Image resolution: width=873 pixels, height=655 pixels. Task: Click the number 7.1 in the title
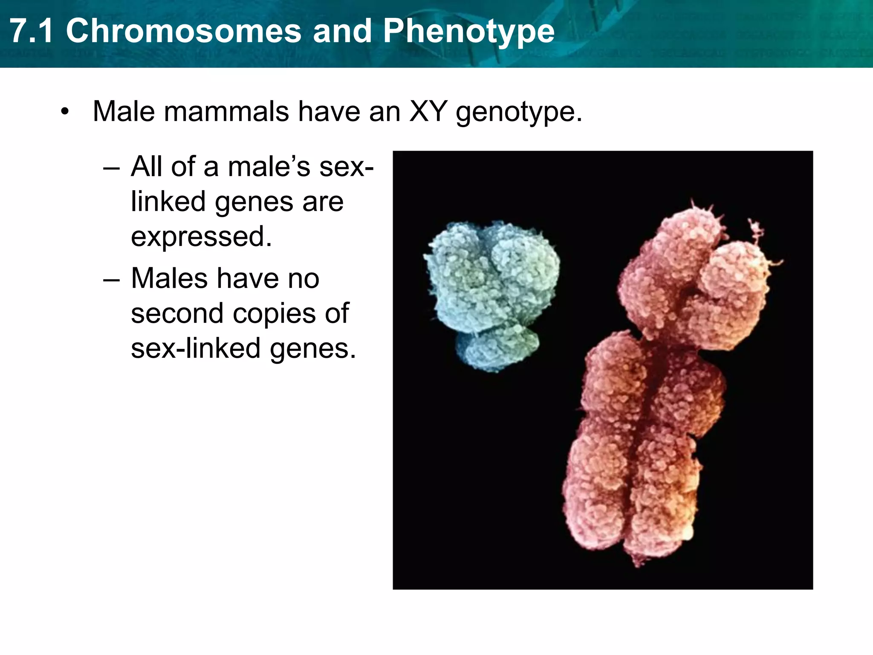[x=32, y=32]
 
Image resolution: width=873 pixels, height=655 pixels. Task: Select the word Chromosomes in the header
[x=183, y=32]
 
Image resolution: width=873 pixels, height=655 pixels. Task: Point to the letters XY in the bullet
[x=428, y=112]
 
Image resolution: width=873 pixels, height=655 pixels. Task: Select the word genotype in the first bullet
[x=518, y=113]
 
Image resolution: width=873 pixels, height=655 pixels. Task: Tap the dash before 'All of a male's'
[x=111, y=168]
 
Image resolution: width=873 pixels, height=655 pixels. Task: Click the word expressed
[x=201, y=238]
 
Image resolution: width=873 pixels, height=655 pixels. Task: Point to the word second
[x=177, y=314]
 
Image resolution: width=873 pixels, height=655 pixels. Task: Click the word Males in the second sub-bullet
[x=169, y=279]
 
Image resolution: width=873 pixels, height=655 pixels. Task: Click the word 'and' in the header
[x=342, y=32]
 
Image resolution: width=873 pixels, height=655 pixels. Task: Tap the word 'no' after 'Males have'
[x=304, y=279]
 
